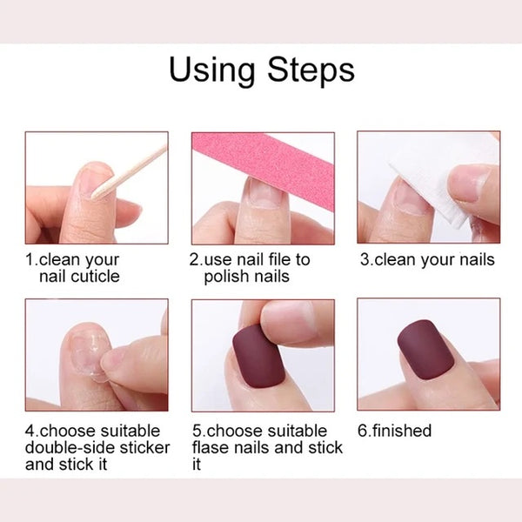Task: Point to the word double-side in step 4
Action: coord(66,447)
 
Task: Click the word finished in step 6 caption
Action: coord(403,431)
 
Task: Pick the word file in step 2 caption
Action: coord(279,259)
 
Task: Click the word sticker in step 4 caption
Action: coord(133,447)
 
